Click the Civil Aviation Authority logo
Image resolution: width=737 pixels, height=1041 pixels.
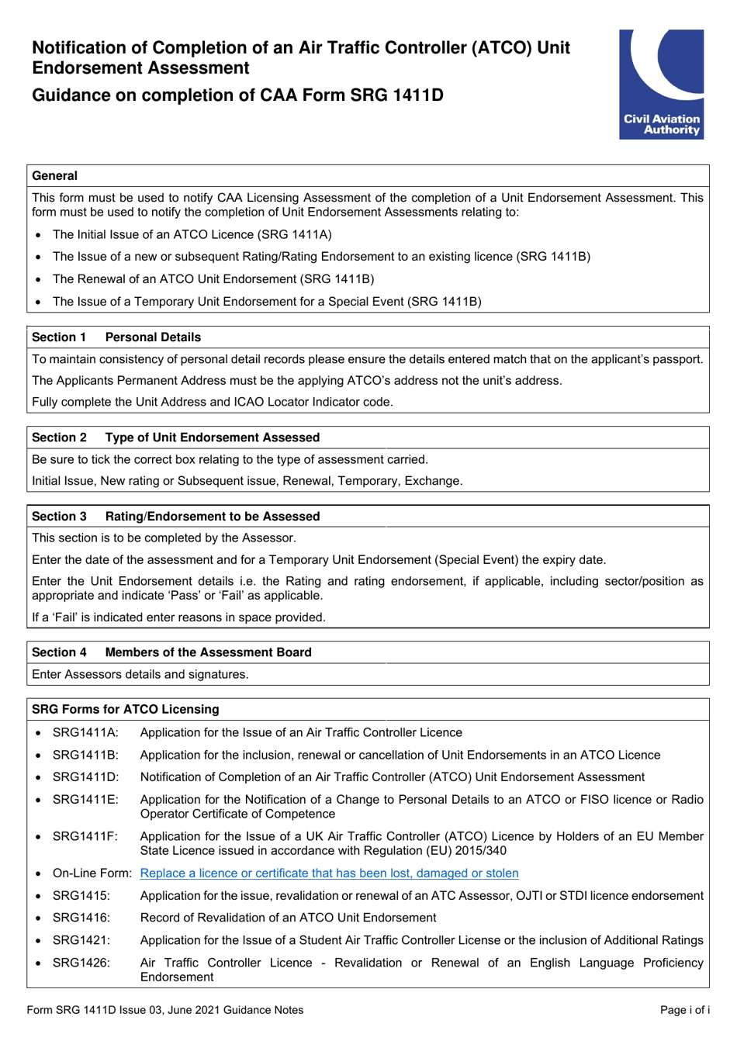(x=661, y=85)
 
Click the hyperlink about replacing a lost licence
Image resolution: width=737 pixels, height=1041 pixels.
(x=329, y=873)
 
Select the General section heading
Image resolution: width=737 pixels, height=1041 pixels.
(x=54, y=176)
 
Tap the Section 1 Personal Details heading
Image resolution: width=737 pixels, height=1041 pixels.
(x=116, y=337)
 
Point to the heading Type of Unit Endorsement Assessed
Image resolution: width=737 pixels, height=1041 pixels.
(x=212, y=437)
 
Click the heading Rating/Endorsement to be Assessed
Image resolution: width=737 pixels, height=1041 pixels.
(x=212, y=517)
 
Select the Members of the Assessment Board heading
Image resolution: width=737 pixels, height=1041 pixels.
(x=208, y=652)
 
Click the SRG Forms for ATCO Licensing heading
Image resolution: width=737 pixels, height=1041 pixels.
(x=126, y=709)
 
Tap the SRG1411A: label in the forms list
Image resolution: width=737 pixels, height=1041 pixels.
(x=85, y=733)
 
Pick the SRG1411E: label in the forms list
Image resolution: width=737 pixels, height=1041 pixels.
(x=85, y=800)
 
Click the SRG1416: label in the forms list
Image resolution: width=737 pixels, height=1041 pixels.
(x=81, y=918)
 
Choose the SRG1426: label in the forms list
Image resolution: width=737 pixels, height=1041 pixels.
(x=81, y=963)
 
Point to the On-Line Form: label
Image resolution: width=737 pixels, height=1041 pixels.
(x=92, y=873)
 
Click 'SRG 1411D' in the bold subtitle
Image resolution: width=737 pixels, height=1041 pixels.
(x=396, y=95)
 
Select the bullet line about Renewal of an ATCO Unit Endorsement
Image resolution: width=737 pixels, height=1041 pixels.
(x=213, y=279)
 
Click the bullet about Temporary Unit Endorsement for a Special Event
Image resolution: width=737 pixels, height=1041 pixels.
(x=267, y=302)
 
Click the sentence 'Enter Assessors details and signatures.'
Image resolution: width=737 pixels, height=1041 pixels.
(x=140, y=675)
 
